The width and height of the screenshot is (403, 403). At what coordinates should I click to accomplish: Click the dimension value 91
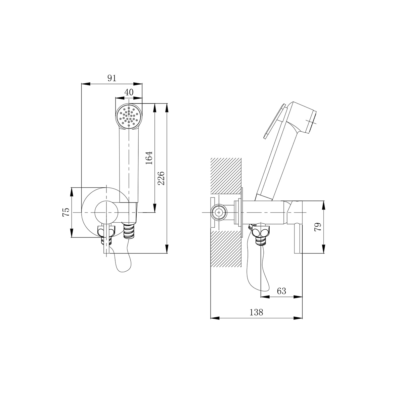[x=112, y=78]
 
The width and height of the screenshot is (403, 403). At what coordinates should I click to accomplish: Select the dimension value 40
[x=129, y=92]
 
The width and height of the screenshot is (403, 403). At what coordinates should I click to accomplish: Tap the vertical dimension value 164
[x=149, y=158]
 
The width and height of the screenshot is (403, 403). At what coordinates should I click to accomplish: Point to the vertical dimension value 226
[x=161, y=178]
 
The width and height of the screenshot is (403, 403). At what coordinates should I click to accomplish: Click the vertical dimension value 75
[x=66, y=212]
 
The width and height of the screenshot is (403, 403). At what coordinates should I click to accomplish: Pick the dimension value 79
[x=318, y=227]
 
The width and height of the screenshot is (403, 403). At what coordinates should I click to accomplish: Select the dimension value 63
[x=281, y=291]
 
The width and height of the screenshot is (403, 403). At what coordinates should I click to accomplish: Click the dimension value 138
[x=256, y=312]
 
